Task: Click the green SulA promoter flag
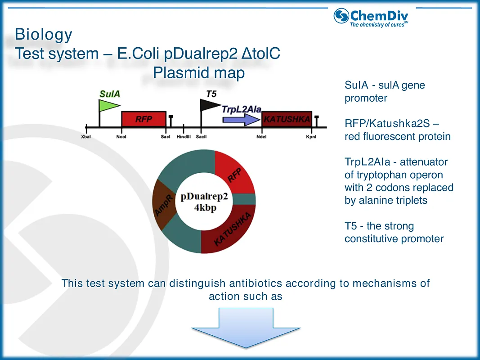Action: [x=108, y=105]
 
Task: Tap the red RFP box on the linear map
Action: [x=144, y=119]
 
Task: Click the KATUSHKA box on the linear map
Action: [x=287, y=119]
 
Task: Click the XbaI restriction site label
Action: [x=86, y=137]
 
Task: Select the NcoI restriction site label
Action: [x=121, y=137]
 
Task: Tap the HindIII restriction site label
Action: [x=184, y=137]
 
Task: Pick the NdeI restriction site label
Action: [x=261, y=137]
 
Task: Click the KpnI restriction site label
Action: [x=311, y=137]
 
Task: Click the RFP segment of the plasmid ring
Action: [x=234, y=173]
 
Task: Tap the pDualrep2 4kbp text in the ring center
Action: [x=205, y=203]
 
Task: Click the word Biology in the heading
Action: [x=43, y=35]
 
